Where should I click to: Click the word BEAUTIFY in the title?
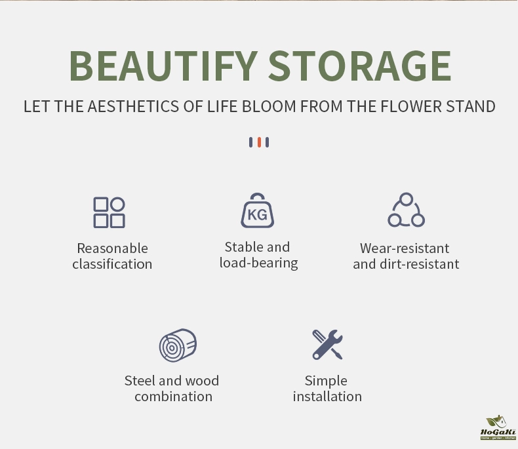[x=163, y=66]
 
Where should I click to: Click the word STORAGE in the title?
[x=360, y=66]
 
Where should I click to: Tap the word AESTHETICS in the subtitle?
[x=133, y=107]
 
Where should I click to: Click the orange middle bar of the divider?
[x=259, y=142]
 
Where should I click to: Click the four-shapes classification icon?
[x=109, y=212]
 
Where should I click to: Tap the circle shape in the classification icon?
[x=117, y=204]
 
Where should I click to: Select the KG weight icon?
[x=257, y=210]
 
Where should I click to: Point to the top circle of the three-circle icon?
[x=407, y=199]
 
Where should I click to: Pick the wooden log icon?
[x=178, y=345]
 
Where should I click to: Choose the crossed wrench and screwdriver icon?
[x=327, y=344]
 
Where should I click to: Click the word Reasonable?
[x=112, y=248]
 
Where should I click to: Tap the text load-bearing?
[x=258, y=263]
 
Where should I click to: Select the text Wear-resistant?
[x=405, y=248]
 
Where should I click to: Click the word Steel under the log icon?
[x=140, y=381]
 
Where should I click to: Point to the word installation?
[x=327, y=397]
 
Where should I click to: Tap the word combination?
[x=174, y=397]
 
